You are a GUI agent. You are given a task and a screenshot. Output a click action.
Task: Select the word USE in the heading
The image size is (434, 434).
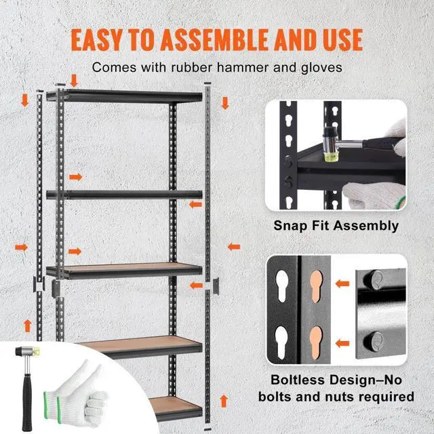(x=339, y=40)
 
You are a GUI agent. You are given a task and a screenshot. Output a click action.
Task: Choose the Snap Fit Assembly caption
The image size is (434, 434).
(x=336, y=226)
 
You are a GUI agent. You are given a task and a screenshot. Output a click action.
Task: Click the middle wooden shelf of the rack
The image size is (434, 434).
(x=125, y=269)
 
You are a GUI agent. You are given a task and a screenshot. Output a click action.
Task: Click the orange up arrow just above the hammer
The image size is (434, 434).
(x=27, y=325)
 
